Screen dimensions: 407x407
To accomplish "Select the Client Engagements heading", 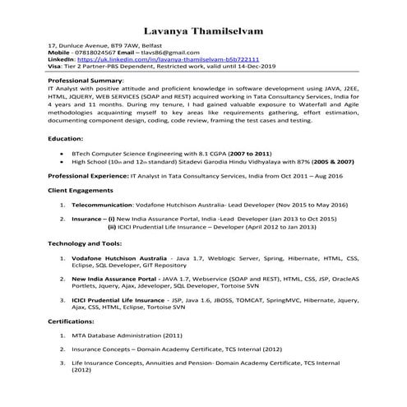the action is tap(84, 189).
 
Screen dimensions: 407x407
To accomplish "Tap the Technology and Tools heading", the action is tap(90, 244).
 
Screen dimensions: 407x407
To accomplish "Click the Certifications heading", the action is tap(71, 321).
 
